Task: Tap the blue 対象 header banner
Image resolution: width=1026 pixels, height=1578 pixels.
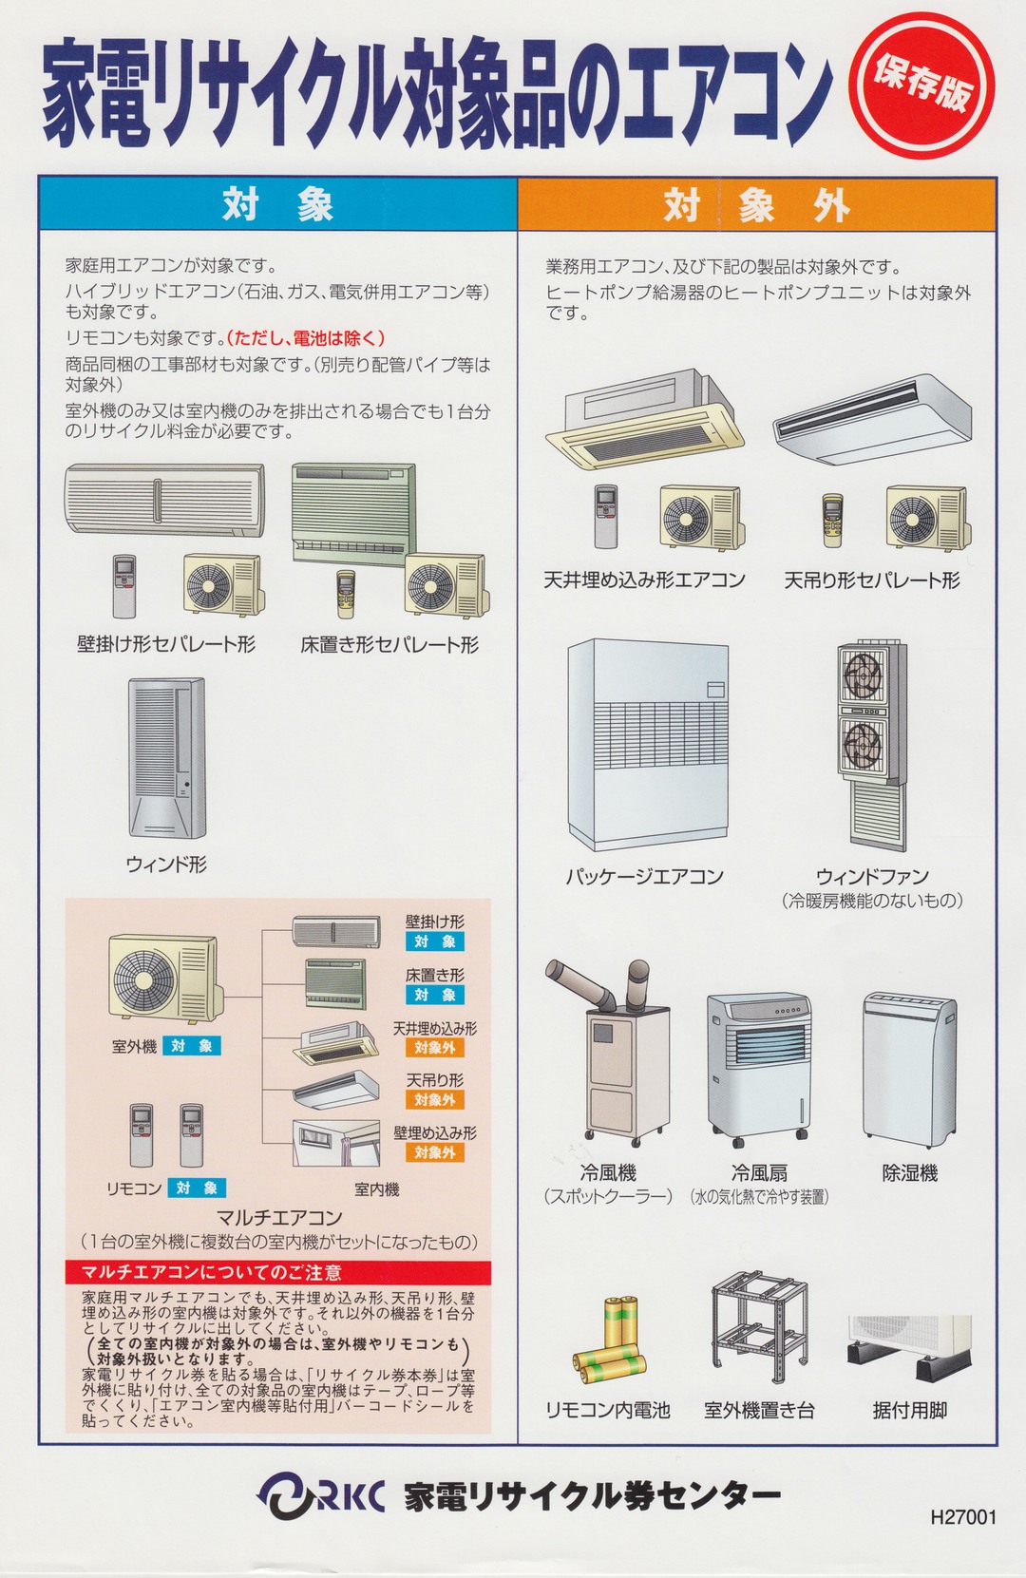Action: tap(277, 204)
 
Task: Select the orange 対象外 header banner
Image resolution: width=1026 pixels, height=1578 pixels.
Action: tap(756, 204)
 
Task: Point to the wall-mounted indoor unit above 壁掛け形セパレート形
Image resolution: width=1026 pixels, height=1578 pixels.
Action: tap(164, 500)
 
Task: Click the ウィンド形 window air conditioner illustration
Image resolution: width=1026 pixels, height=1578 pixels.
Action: tap(166, 757)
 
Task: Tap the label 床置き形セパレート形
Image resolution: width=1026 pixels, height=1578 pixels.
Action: tap(389, 645)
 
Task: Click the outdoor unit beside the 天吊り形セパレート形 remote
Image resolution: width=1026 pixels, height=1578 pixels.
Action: tap(926, 518)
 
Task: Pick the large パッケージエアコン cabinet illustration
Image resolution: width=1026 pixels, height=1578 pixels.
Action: tap(648, 744)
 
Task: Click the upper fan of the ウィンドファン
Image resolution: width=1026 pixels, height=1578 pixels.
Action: tap(863, 676)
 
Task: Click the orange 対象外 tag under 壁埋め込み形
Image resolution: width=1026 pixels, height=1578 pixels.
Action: tap(434, 1152)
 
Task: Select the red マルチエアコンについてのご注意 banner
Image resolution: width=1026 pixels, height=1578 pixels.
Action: tap(278, 1272)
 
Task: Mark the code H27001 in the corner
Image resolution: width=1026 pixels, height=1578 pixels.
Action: tap(962, 1517)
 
